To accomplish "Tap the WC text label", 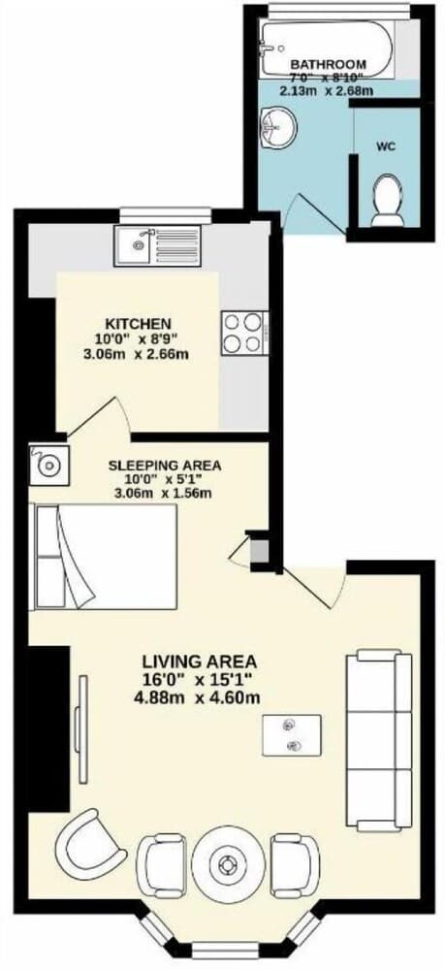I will pos(386,148).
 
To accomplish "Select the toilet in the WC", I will pos(388,199).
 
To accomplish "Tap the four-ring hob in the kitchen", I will pos(244,333).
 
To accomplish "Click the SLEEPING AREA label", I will pos(163,465).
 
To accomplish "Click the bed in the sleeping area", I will pos(105,557).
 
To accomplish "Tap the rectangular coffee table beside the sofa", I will pos(292,735).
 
